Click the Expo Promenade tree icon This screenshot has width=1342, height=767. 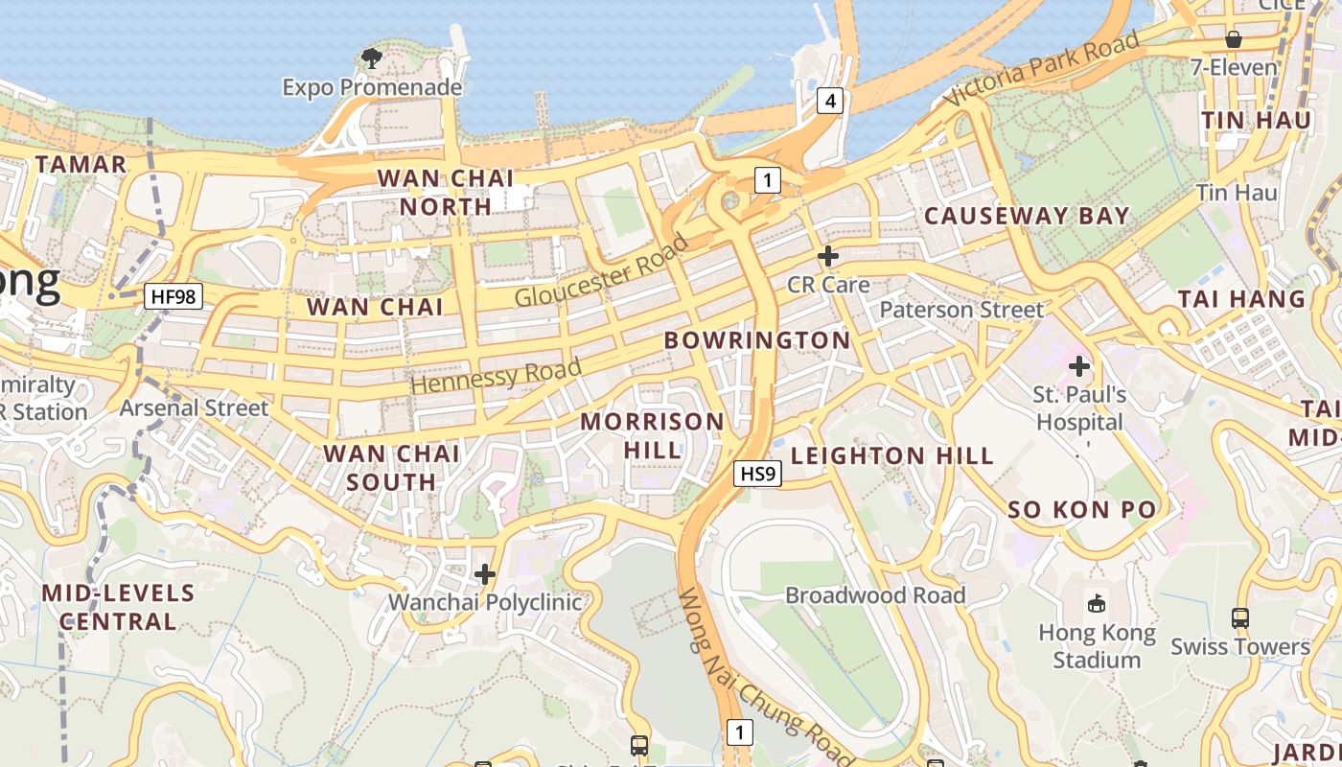(x=372, y=58)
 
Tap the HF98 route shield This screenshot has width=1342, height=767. (x=174, y=296)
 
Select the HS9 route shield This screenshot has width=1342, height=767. (x=758, y=473)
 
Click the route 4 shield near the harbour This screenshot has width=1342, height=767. (x=830, y=101)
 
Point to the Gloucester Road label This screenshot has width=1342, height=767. (x=602, y=270)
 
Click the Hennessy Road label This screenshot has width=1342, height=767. (x=497, y=375)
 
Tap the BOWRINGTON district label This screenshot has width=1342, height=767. (x=757, y=340)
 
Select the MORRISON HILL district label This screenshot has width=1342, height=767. (x=653, y=435)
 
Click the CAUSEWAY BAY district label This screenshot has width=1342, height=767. (x=1027, y=216)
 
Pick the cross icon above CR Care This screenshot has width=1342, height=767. (x=828, y=256)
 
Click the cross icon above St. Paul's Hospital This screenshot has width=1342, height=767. (x=1079, y=365)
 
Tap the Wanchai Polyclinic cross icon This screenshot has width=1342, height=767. (x=485, y=574)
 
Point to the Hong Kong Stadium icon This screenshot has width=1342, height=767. (x=1097, y=602)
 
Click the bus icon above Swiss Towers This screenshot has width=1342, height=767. (x=1240, y=618)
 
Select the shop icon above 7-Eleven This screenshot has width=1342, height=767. (x=1234, y=39)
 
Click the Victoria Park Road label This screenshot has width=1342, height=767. (x=1041, y=68)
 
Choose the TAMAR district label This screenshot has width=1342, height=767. (x=81, y=165)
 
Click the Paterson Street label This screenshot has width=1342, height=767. (x=961, y=310)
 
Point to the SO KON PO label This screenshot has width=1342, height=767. (x=1082, y=510)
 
